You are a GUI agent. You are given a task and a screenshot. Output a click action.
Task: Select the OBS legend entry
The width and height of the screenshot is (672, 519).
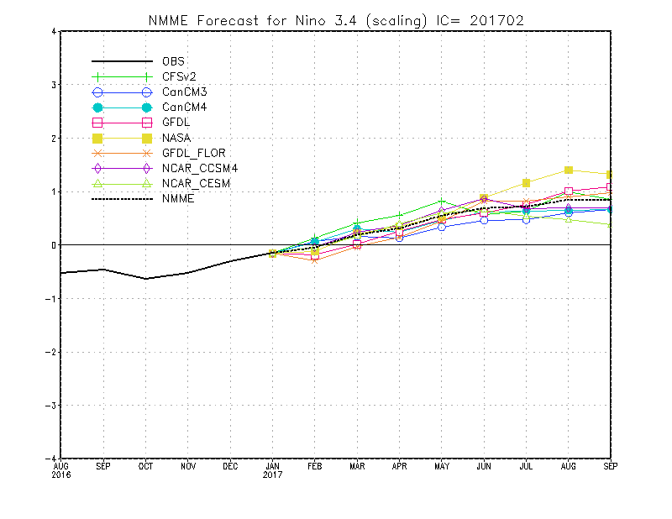click(173, 61)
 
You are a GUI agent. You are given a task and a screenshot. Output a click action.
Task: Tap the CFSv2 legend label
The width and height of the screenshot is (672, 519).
click(179, 76)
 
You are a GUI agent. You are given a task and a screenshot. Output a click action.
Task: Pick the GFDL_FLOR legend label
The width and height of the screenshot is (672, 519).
click(194, 153)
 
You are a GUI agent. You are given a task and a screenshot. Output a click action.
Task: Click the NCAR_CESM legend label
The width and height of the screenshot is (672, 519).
click(197, 183)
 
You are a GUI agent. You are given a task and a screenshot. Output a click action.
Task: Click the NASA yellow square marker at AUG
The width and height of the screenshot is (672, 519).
click(569, 170)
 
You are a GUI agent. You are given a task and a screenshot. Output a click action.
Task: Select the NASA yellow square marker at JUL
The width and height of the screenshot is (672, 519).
click(527, 183)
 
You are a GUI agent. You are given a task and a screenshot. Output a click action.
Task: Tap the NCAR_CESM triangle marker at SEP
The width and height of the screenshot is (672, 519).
click(610, 224)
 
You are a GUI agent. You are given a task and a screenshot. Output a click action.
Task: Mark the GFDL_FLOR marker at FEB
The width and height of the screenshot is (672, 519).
click(314, 258)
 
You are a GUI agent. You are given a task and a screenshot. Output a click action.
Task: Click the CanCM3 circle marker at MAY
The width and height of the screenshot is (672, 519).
click(442, 227)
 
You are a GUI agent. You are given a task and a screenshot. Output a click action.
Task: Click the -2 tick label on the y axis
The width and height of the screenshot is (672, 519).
click(51, 352)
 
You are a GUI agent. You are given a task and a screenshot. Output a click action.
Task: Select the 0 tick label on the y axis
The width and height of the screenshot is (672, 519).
click(53, 245)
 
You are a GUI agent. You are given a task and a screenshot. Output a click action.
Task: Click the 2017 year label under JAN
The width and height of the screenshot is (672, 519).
click(273, 474)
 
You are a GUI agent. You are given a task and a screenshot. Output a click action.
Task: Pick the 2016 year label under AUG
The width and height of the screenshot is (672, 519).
click(61, 474)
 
